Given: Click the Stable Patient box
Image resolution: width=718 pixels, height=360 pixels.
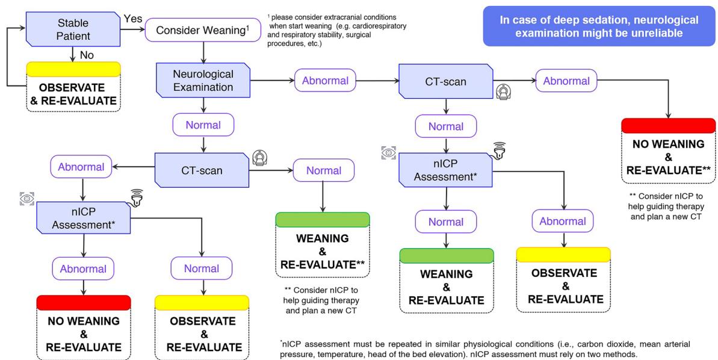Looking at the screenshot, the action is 73,29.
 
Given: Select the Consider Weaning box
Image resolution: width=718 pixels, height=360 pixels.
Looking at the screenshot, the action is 203,31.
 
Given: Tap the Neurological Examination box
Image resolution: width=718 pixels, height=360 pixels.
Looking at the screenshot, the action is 203,80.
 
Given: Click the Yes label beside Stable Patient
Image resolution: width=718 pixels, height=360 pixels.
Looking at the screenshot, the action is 133,19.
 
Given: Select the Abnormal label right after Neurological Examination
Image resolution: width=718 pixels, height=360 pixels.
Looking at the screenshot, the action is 325,81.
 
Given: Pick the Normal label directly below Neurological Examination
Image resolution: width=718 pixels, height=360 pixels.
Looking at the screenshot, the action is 203,125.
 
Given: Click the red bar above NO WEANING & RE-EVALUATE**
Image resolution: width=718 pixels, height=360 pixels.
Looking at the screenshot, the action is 668,125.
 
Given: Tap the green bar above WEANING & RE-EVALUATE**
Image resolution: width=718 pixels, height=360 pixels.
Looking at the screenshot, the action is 323,219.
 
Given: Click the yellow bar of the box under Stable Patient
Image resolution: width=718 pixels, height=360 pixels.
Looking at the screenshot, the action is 73,69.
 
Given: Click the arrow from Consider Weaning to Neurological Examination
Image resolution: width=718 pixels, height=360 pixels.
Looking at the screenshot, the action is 203,52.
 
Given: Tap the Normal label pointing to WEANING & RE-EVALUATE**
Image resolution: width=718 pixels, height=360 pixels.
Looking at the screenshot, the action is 324,170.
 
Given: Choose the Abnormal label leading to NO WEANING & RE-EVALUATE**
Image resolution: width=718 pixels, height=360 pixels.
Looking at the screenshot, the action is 566,81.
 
